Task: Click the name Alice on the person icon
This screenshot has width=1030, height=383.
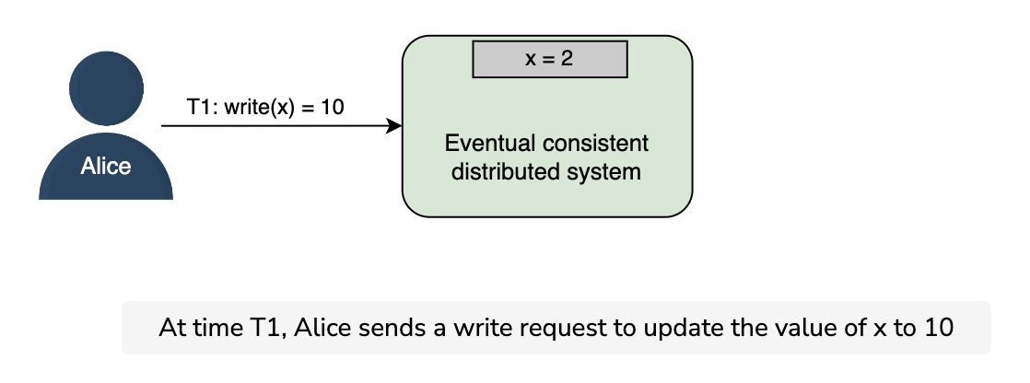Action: pos(106,167)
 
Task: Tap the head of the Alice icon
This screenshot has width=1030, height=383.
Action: pos(107,88)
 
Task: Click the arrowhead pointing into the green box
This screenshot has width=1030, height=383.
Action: pos(394,125)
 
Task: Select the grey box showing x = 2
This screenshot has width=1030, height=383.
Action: pos(550,59)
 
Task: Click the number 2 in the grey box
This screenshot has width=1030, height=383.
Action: pos(567,59)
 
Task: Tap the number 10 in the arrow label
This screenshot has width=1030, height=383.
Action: pos(333,107)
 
